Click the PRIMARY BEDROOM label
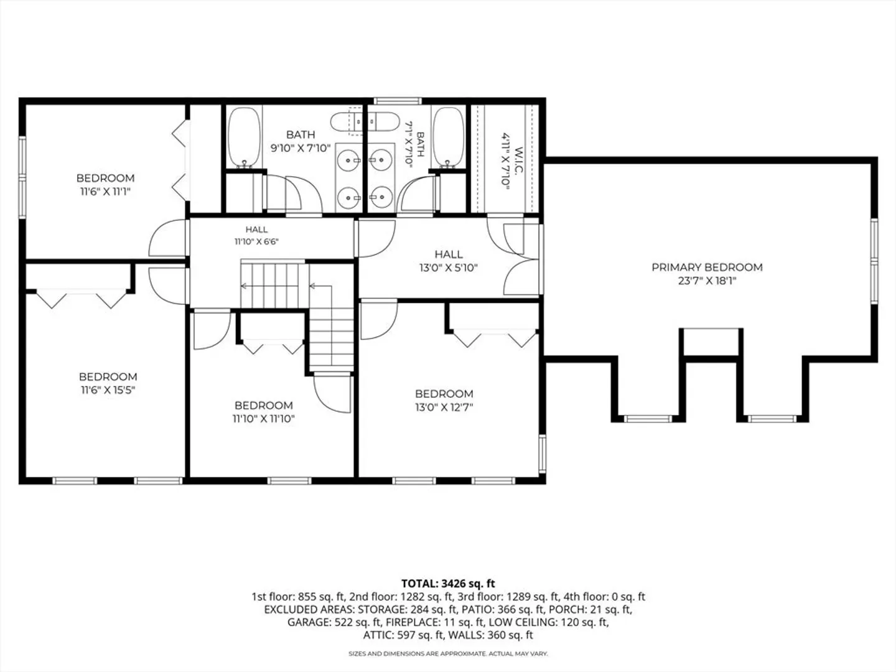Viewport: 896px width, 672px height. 707,268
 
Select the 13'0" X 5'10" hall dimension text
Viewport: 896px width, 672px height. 448,268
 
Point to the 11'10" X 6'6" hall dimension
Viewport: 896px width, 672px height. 256,241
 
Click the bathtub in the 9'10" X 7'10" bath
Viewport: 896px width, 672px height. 244,138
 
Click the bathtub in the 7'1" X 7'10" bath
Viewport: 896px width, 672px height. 448,138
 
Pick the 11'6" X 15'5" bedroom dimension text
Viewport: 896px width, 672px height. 108,390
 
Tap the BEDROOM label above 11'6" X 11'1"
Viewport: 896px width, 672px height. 105,179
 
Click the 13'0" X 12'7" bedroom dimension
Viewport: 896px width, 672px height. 444,407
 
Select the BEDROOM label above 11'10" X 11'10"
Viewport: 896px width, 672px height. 264,406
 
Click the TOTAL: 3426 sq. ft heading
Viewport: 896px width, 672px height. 448,584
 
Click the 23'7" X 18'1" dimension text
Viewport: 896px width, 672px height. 707,281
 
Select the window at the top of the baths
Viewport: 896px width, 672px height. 398,101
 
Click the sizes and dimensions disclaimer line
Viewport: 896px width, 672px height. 448,653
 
